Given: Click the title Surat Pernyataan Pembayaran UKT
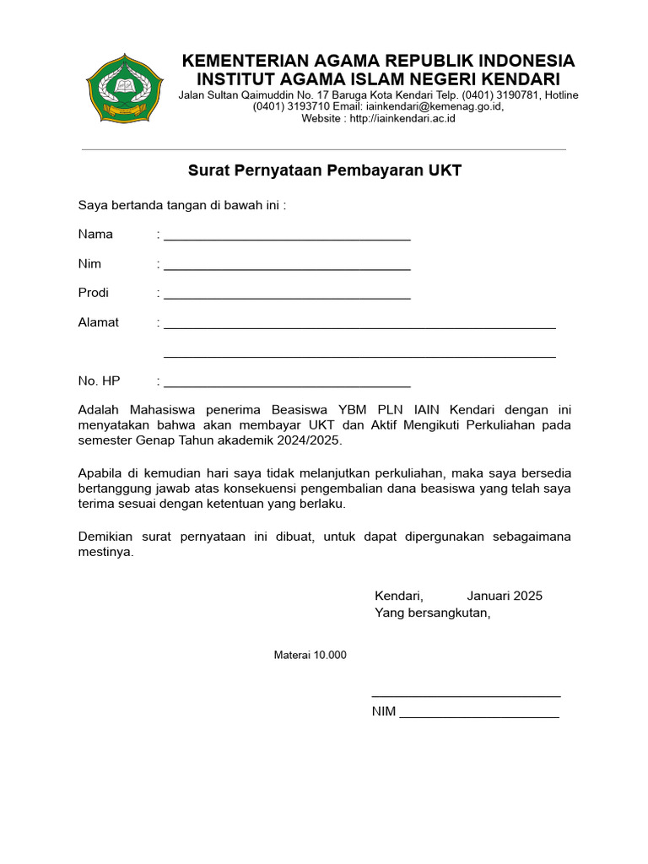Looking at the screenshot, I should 324,171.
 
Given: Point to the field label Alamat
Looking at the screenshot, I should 99,322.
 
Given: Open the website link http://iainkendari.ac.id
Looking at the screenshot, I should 402,119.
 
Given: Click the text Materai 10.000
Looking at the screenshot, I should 310,656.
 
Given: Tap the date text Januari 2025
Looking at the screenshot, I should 505,596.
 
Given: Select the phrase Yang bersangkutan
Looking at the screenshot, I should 432,613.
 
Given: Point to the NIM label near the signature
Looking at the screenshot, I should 384,711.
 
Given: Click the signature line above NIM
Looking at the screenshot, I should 466,695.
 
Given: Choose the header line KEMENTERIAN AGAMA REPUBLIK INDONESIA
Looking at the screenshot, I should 379,61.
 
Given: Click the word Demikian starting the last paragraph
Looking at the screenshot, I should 105,537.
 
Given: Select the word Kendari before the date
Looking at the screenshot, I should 398,596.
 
